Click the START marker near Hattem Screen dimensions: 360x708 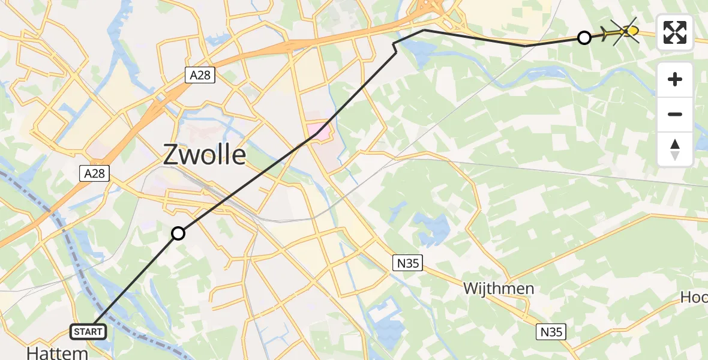[89, 331]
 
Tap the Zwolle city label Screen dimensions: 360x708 [205, 155]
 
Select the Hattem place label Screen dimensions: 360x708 [58, 352]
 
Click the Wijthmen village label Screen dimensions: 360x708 [499, 289]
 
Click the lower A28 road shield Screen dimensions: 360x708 [95, 174]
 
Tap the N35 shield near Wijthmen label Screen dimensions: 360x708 [408, 262]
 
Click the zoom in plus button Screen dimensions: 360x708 [675, 79]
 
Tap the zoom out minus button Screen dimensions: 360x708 [675, 114]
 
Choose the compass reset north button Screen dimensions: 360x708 [675, 149]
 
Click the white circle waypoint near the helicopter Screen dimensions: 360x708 [584, 38]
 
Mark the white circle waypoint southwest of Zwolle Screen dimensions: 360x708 [178, 233]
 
